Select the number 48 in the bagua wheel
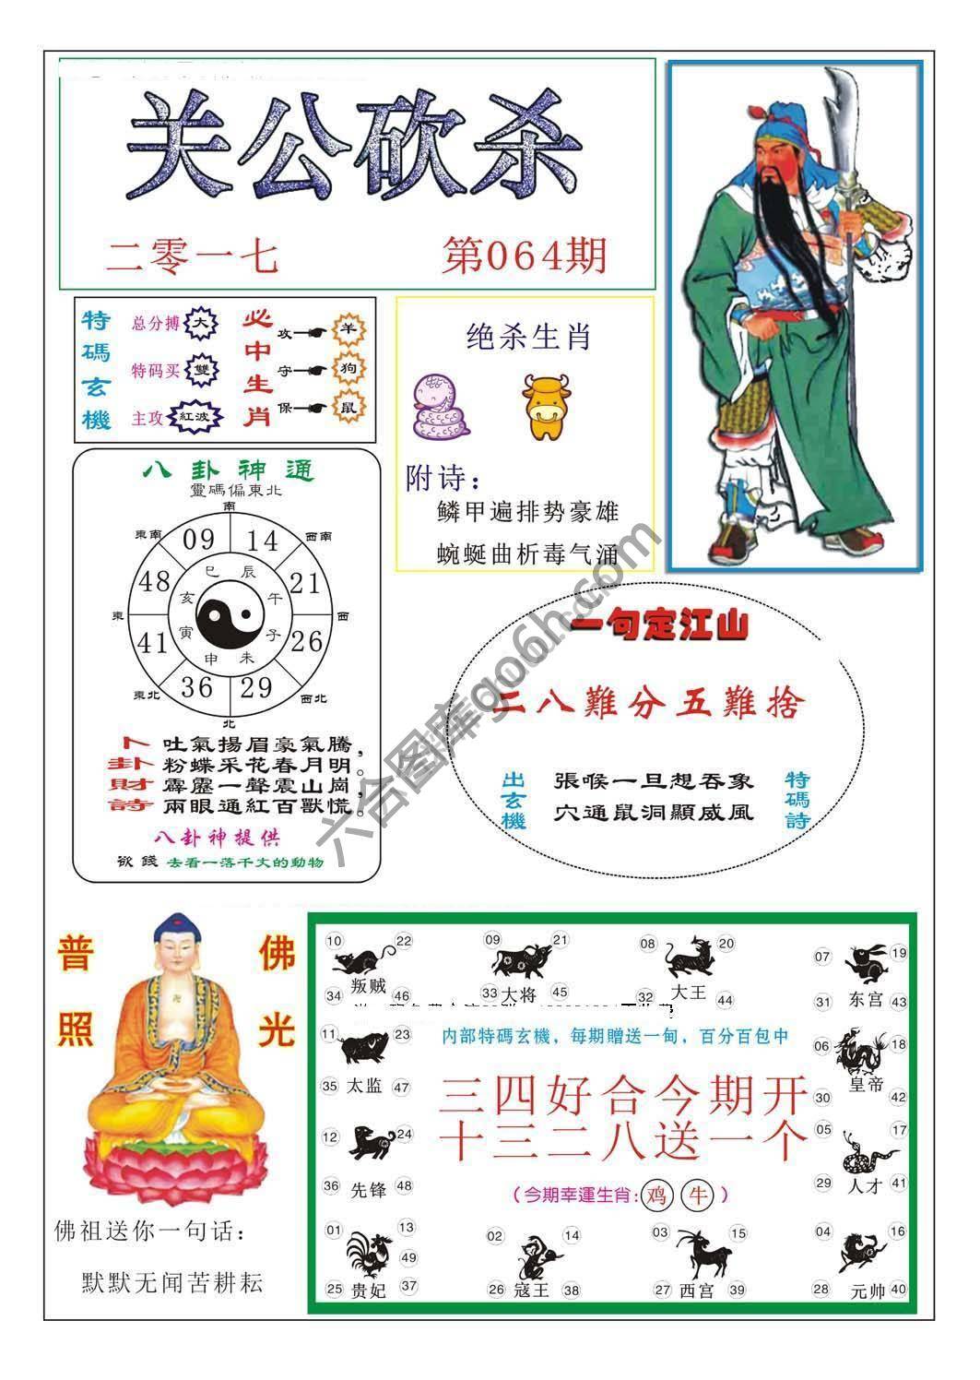pyautogui.click(x=154, y=582)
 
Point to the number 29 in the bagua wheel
pyautogui.click(x=256, y=687)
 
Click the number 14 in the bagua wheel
pyautogui.click(x=262, y=541)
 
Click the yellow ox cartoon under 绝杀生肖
pyautogui.click(x=541, y=407)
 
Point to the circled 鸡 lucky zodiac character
pyautogui.click(x=656, y=1195)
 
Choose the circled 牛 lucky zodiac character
pyautogui.click(x=697, y=1195)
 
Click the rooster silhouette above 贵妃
pyautogui.click(x=369, y=1254)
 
